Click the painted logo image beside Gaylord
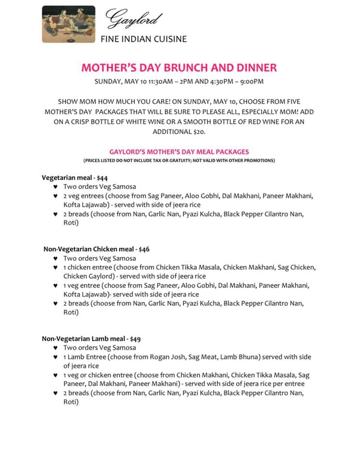[x=68, y=24]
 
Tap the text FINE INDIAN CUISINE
[x=144, y=39]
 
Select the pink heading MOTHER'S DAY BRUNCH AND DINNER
[x=179, y=67]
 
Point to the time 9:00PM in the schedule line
[x=251, y=82]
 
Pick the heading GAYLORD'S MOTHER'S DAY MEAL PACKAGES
[x=179, y=152]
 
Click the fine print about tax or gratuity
[x=179, y=160]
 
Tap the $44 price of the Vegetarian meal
[x=102, y=178]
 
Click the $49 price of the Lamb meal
[x=135, y=339]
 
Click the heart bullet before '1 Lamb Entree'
[x=56, y=357]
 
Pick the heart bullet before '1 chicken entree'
[x=56, y=267]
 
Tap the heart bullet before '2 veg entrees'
[x=56, y=196]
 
